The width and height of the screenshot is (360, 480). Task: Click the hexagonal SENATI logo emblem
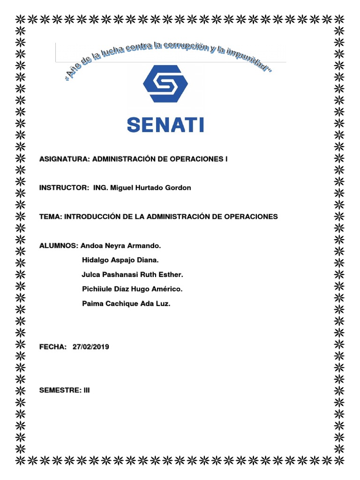pos(165,83)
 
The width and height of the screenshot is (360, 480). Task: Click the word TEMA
pos(50,217)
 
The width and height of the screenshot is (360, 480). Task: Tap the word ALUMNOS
pos(59,245)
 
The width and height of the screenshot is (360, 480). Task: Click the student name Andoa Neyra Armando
pos(121,245)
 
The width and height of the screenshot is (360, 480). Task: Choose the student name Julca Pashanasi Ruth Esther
pos(132,274)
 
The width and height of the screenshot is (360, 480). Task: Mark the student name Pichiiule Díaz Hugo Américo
pos(132,289)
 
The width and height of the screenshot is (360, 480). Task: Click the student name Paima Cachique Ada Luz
pos(126,304)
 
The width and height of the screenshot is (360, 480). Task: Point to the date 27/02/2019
pos(91,347)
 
